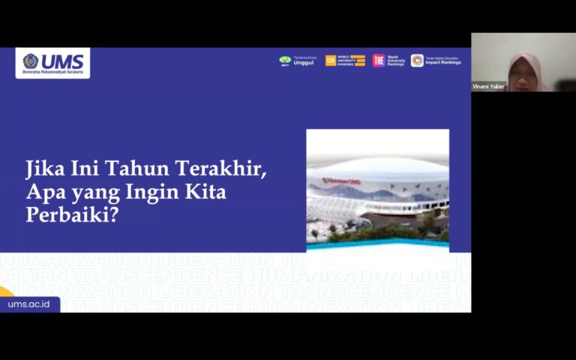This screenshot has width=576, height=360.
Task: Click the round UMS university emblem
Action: coord(30,61)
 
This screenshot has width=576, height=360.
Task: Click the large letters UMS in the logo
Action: coord(62,60)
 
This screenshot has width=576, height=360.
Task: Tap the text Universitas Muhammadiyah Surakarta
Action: coord(53,73)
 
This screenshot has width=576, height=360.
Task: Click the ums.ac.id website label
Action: coord(29,304)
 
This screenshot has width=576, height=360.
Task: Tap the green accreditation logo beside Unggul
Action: coord(285,61)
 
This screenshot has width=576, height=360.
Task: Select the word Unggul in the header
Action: coord(303,63)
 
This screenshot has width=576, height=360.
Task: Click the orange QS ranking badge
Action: coord(331,61)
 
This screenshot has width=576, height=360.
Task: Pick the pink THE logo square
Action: coord(379,61)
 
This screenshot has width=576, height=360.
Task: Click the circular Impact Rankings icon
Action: coord(417,61)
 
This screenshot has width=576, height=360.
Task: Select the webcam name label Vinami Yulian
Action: coord(488,86)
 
